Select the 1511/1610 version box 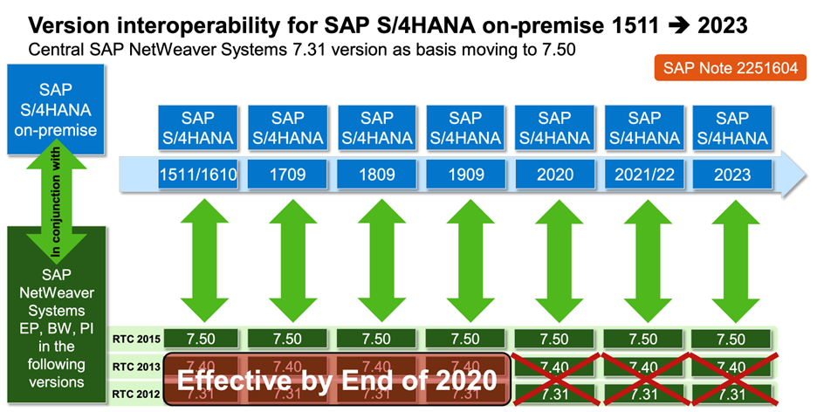click(198, 175)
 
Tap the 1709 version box click(287, 175)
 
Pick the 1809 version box click(376, 175)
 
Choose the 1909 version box click(465, 175)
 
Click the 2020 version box click(554, 175)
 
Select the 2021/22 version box click(643, 175)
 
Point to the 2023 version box click(732, 175)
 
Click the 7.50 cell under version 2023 click(732, 339)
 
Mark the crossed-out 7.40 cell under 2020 click(554, 366)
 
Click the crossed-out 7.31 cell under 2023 click(732, 395)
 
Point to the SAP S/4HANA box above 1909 click(465, 127)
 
